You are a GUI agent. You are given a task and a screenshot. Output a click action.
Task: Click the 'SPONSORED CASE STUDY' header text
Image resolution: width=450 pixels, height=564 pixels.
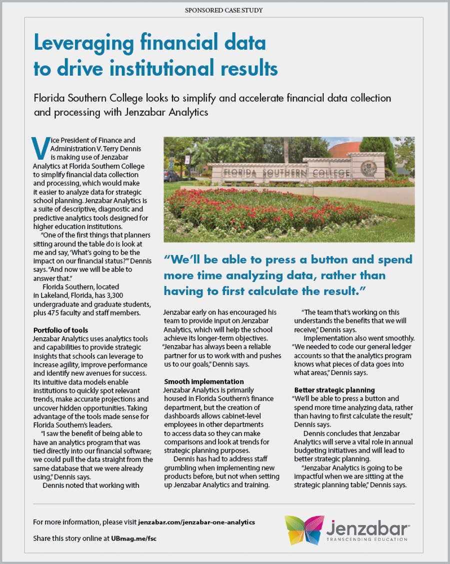click(x=223, y=10)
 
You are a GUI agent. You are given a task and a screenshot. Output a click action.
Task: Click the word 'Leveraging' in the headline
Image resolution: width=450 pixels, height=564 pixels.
click(x=80, y=44)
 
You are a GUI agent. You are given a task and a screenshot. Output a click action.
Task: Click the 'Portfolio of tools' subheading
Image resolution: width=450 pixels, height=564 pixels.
click(x=60, y=330)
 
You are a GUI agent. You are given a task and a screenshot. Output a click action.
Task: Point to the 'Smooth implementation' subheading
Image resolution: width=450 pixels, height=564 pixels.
click(x=204, y=381)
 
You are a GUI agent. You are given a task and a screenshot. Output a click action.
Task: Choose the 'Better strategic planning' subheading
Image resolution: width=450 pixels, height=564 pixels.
click(x=334, y=389)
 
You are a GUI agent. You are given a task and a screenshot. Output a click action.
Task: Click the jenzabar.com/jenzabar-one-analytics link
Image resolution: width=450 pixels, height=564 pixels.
click(x=196, y=522)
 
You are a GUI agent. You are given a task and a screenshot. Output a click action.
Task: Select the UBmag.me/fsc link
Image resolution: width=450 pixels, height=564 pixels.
click(x=137, y=538)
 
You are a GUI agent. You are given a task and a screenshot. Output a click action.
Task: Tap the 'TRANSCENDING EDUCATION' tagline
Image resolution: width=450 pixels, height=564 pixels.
click(x=366, y=539)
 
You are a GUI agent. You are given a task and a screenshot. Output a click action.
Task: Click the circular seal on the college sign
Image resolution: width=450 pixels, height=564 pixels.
click(x=368, y=168)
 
